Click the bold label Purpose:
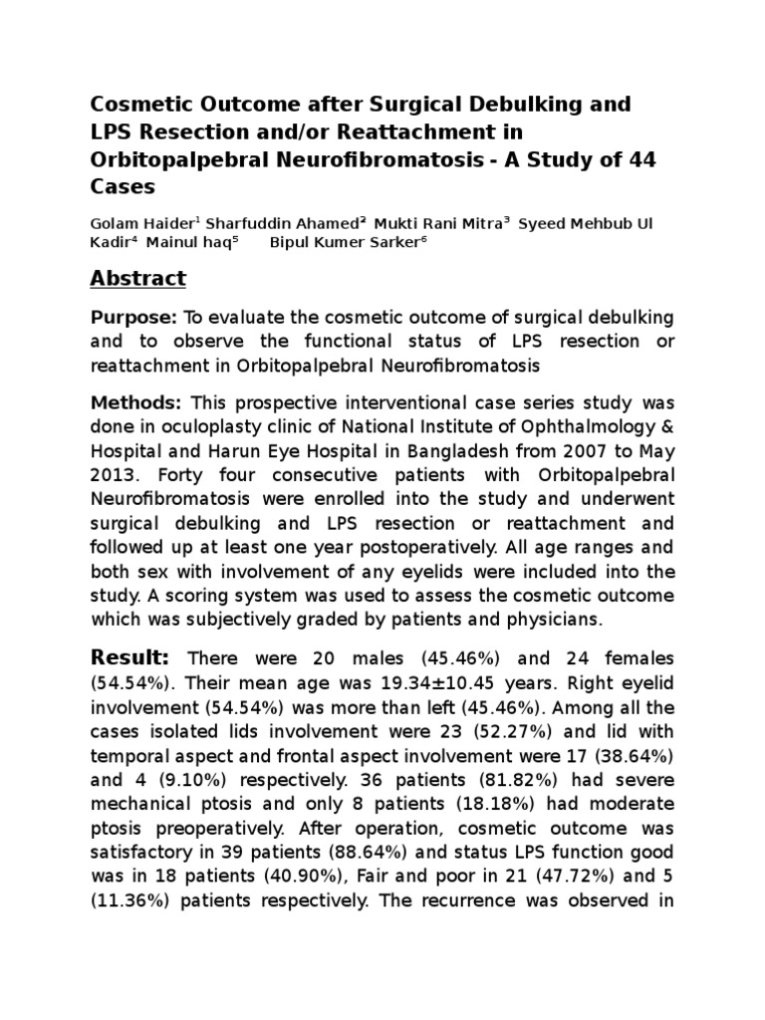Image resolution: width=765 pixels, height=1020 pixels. pos(133,317)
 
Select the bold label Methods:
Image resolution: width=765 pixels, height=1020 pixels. pos(136,402)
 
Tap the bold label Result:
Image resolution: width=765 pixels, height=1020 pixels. pos(129,657)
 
